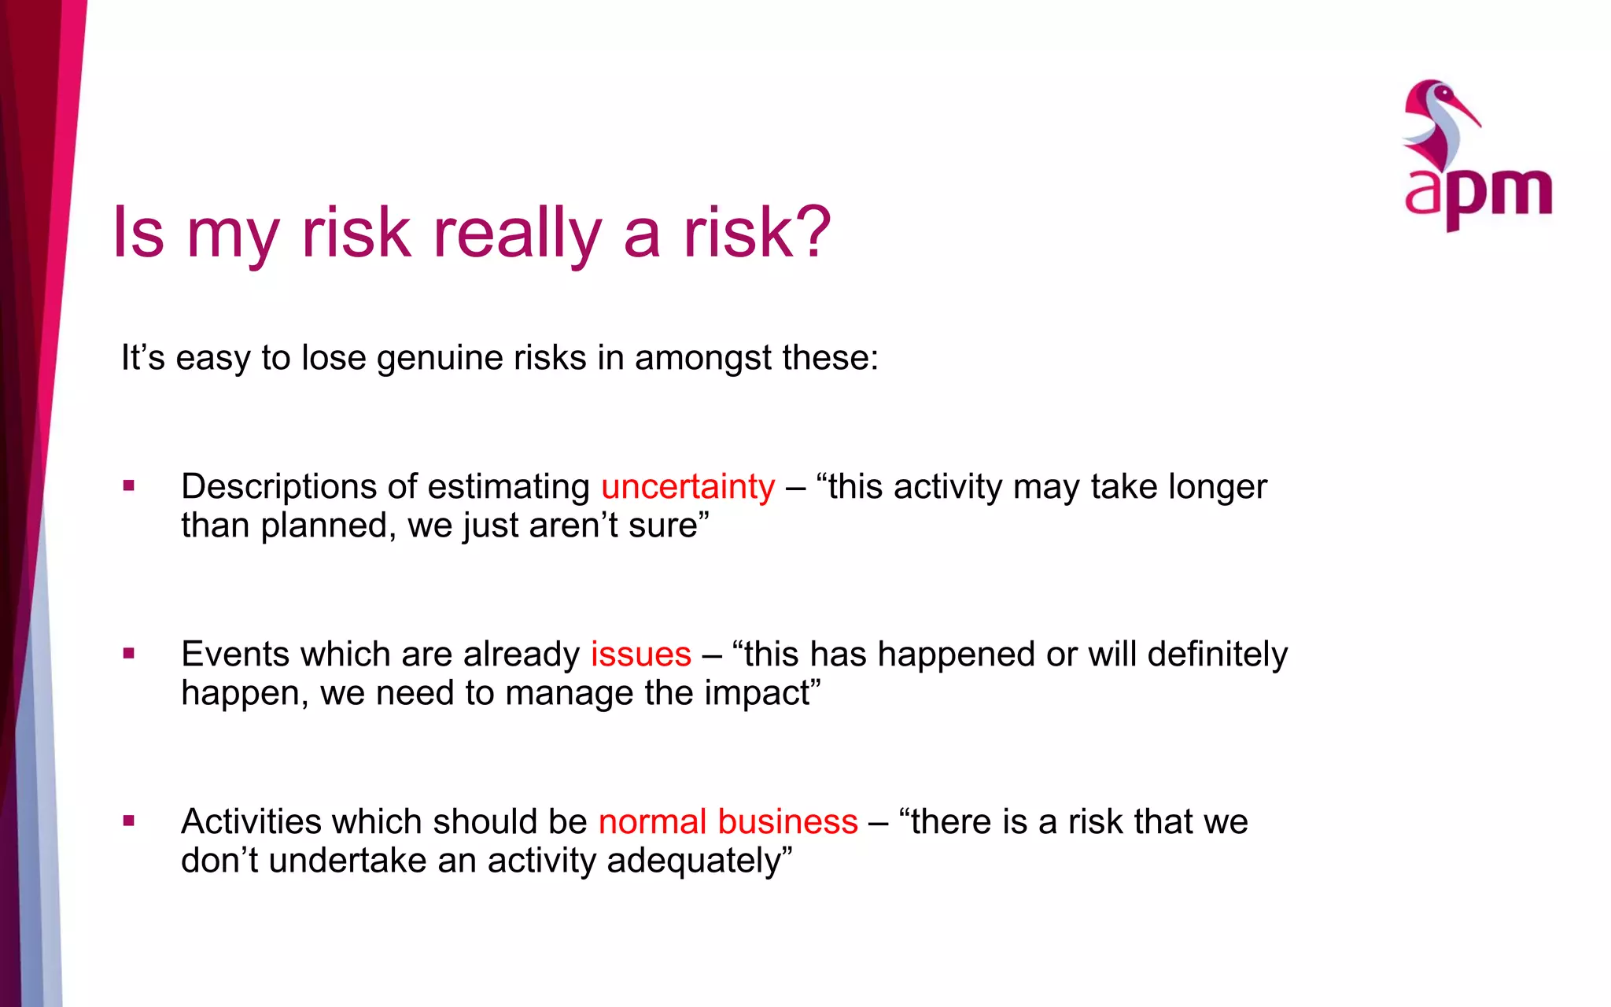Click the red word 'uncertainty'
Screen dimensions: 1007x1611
pyautogui.click(x=688, y=487)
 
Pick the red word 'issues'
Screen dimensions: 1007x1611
pyautogui.click(x=640, y=655)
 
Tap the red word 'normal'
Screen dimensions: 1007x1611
pyautogui.click(x=652, y=822)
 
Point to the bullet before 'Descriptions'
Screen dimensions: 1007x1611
pyautogui.click(x=129, y=486)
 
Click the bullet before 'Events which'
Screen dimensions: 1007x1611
pyautogui.click(x=129, y=653)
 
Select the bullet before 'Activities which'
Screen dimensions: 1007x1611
pyautogui.click(x=129, y=821)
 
